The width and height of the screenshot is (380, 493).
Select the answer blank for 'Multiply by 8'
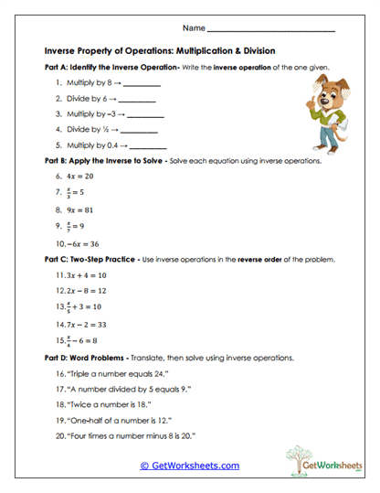(x=137, y=84)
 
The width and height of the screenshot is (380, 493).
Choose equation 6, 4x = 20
(x=79, y=177)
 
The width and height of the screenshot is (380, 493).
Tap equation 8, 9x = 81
(x=79, y=209)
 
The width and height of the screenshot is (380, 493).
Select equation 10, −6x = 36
(x=82, y=243)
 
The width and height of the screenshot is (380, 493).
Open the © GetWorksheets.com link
(x=189, y=466)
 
